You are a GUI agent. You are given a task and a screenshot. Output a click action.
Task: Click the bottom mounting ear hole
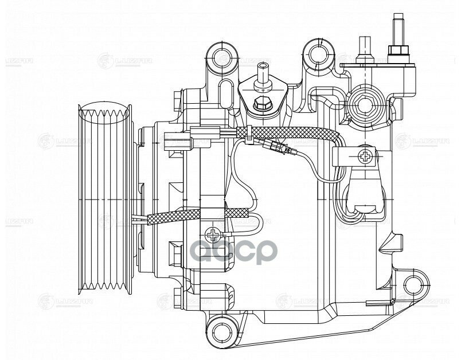218,329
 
